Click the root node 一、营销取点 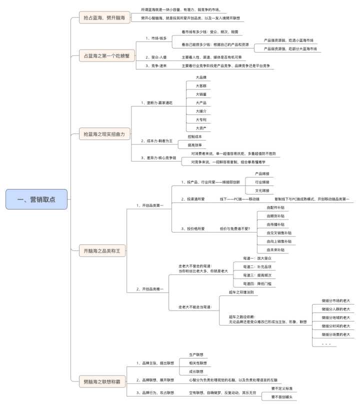click(x=36, y=199)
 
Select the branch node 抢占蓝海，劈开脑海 click(x=104, y=18)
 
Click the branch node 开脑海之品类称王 click(x=102, y=250)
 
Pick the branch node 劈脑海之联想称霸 click(x=102, y=382)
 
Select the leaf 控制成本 click(x=194, y=136)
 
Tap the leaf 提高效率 click(x=194, y=144)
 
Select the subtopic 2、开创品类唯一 click(x=150, y=289)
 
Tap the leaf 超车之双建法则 click(x=241, y=292)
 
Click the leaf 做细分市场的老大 click(x=336, y=301)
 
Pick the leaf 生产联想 click(x=196, y=354)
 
